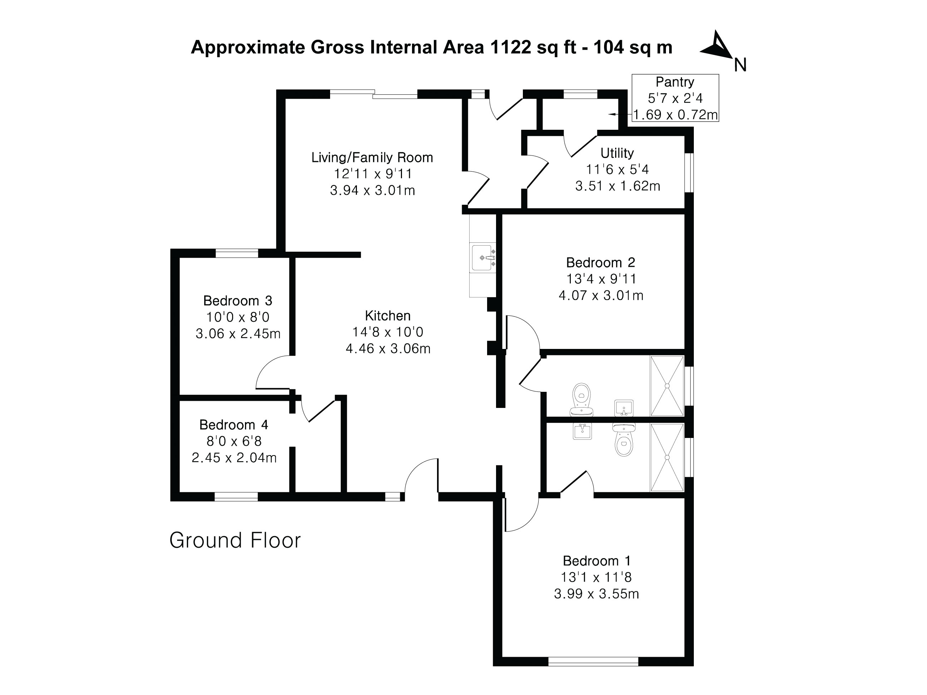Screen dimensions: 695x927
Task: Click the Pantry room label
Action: point(675,82)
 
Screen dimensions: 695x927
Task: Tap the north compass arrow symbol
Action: point(717,46)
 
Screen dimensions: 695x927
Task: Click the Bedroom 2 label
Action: point(600,263)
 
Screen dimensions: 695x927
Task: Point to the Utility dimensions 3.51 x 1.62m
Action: point(617,186)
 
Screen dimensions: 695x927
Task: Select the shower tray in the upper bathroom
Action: point(667,386)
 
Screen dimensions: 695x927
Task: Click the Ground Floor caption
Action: point(235,541)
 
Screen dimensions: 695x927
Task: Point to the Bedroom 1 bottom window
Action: point(593,661)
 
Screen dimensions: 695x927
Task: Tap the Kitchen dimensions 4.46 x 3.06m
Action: point(388,349)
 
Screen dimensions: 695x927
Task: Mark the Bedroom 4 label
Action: point(234,425)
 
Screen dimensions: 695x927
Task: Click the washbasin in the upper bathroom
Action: point(624,408)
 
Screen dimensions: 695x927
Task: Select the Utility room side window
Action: point(689,173)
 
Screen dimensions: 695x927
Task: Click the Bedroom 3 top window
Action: point(237,253)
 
